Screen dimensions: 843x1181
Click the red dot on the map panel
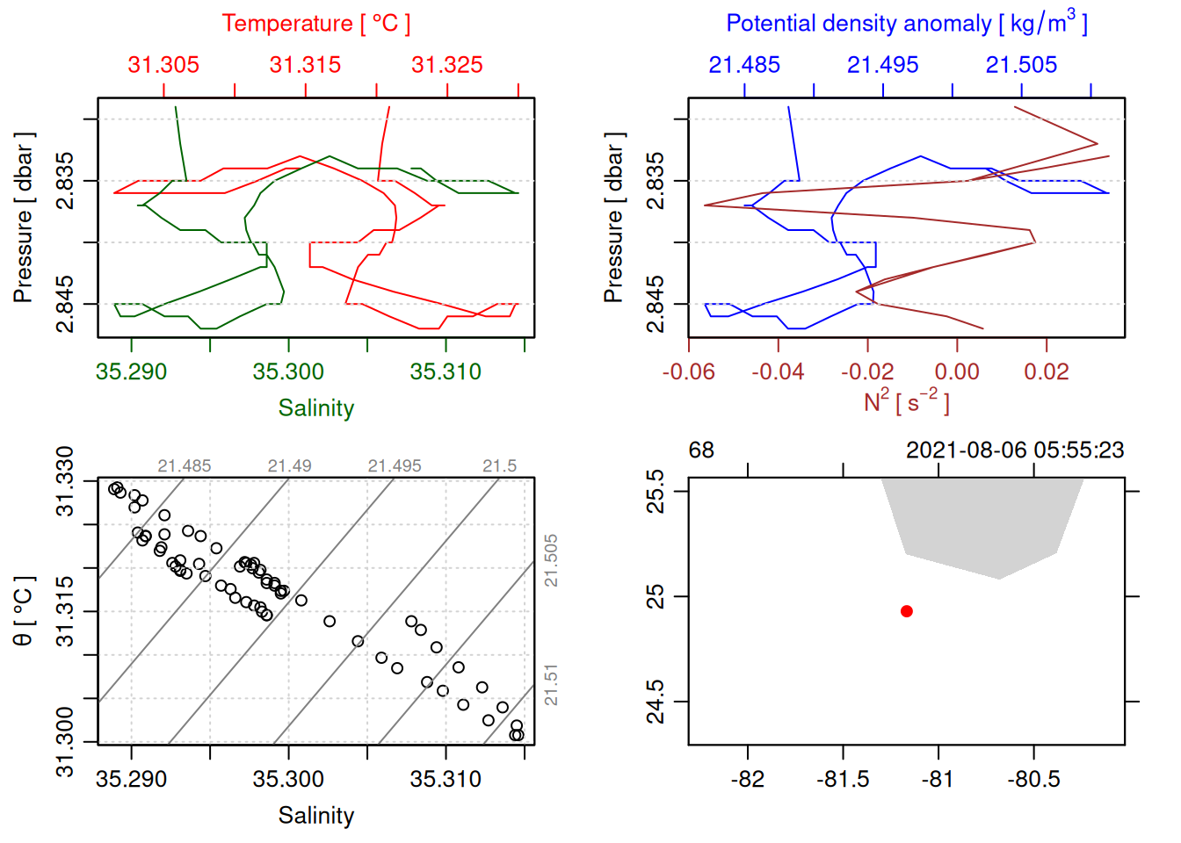pyautogui.click(x=907, y=611)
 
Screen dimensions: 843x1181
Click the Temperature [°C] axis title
pyautogui.click(x=316, y=24)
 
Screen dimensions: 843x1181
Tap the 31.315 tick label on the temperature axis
pyautogui.click(x=305, y=65)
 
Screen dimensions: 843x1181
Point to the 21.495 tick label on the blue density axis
pyautogui.click(x=882, y=65)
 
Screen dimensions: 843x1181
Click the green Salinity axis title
pyautogui.click(x=316, y=408)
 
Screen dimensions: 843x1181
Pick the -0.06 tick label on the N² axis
pyautogui.click(x=689, y=372)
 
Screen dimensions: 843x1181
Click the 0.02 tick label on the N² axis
pyautogui.click(x=1047, y=372)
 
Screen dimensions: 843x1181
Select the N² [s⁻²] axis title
pyautogui.click(x=907, y=401)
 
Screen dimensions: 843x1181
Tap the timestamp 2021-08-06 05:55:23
pyautogui.click(x=1015, y=450)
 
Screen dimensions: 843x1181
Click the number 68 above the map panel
pyautogui.click(x=701, y=450)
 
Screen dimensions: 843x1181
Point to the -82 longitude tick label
pyautogui.click(x=748, y=780)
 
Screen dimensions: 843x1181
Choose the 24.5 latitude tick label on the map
pyautogui.click(x=656, y=702)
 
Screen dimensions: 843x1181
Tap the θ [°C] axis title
pyautogui.click(x=24, y=611)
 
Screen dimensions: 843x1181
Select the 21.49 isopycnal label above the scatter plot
pyautogui.click(x=289, y=466)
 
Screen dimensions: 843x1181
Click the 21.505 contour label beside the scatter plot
pyautogui.click(x=551, y=560)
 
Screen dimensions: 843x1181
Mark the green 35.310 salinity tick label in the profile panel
pyautogui.click(x=446, y=372)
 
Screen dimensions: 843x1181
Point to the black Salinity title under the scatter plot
pyautogui.click(x=316, y=816)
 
